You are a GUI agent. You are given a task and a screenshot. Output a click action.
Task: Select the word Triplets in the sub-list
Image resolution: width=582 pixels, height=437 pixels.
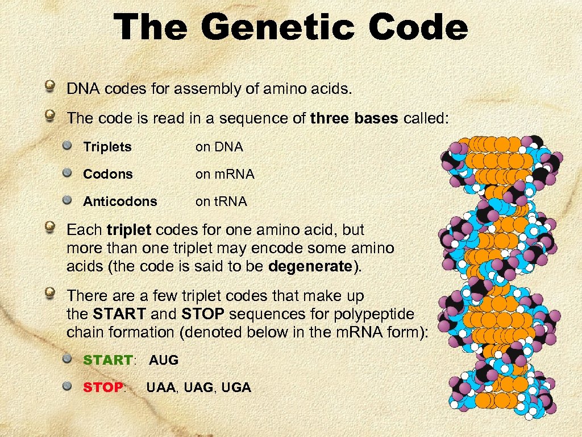tap(107, 147)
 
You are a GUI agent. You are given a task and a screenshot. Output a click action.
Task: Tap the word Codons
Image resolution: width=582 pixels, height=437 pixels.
tap(108, 174)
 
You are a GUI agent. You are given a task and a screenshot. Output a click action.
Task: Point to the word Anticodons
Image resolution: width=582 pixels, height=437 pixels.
tap(120, 201)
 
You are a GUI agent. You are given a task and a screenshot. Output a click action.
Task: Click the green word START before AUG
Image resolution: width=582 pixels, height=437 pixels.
tap(107, 360)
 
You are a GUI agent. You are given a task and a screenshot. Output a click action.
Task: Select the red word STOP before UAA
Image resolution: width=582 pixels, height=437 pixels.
tap(103, 387)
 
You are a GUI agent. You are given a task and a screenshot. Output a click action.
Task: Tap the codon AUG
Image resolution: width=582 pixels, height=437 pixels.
tap(164, 360)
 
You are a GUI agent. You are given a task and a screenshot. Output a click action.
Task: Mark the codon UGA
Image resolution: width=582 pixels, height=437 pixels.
tap(236, 387)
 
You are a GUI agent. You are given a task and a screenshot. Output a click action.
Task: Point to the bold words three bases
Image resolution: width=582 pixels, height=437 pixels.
tap(354, 118)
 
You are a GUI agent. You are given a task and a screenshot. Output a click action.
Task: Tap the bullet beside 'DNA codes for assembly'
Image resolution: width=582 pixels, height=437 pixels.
tap(51, 87)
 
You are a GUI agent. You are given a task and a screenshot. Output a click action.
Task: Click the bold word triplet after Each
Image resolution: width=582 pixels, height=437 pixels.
tap(128, 230)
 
